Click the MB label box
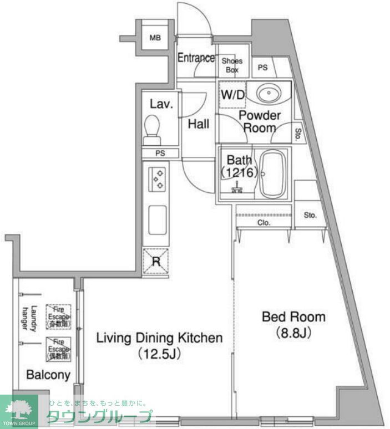click(x=156, y=38)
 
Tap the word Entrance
click(x=196, y=58)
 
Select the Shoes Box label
click(x=232, y=65)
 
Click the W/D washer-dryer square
click(x=232, y=94)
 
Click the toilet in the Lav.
click(x=151, y=127)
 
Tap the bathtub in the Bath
click(x=272, y=173)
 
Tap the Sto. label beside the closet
click(x=310, y=215)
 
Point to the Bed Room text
click(x=286, y=318)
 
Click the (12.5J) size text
click(x=160, y=353)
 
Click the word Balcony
click(x=48, y=375)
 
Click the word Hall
click(x=198, y=124)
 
